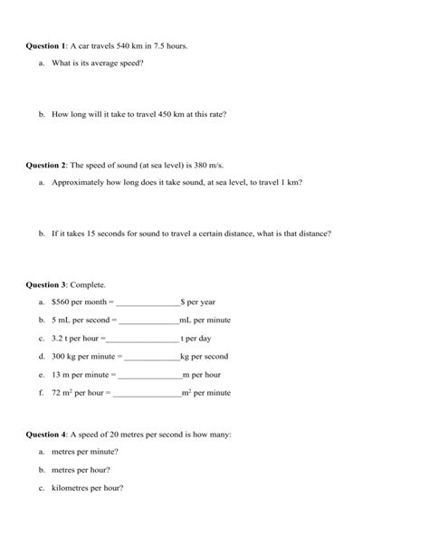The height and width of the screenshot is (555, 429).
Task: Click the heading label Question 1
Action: coord(46,45)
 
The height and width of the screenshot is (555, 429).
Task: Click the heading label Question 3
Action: coord(46,283)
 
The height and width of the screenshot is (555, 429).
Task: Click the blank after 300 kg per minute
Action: coord(150,358)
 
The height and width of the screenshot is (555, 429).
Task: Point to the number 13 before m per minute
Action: coord(56,375)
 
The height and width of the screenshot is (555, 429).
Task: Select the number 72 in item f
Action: coord(57,394)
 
